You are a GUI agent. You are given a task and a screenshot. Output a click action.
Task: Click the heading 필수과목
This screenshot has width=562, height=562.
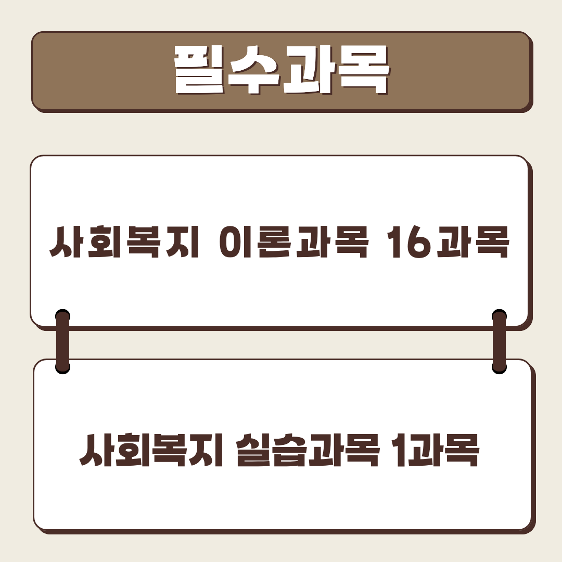(x=282, y=71)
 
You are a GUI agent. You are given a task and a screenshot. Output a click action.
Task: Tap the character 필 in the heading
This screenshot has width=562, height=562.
(x=200, y=71)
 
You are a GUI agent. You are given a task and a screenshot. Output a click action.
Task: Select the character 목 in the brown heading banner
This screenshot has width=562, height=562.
(x=363, y=71)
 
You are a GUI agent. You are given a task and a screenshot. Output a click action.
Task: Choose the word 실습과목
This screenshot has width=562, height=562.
(x=308, y=450)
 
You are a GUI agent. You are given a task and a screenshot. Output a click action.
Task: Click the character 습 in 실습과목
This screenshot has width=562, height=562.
(x=289, y=450)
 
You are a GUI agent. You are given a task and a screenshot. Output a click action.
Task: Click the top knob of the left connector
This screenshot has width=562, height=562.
(x=62, y=316)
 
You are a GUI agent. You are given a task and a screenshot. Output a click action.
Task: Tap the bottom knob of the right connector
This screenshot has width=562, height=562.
(x=499, y=367)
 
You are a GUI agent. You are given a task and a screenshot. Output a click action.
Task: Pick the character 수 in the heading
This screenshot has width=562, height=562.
(x=254, y=71)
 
